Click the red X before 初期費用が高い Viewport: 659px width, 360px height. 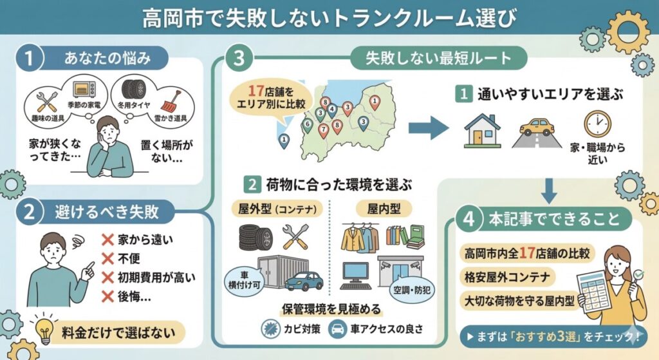click(108, 278)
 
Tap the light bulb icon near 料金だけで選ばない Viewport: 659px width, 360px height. click(44, 332)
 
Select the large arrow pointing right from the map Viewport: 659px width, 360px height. click(428, 129)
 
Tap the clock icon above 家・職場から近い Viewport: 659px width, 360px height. click(597, 124)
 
